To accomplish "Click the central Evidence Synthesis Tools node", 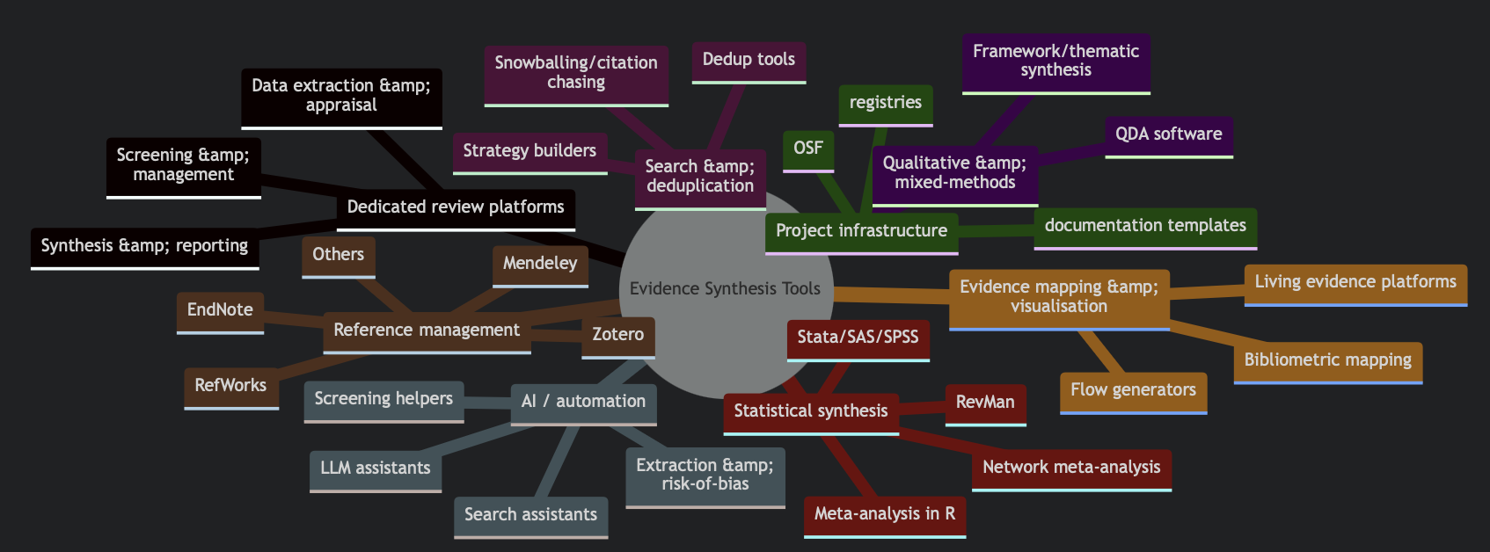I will (724, 289).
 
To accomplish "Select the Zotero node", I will (617, 335).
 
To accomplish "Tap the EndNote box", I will (220, 310).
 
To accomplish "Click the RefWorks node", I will (230, 386).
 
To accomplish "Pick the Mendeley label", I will (539, 264).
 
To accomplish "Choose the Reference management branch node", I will (427, 330).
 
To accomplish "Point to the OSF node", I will (807, 149).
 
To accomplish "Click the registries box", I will (885, 103).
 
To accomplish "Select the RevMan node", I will (984, 403).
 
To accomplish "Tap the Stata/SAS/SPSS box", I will (857, 338).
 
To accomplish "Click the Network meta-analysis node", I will (1070, 468).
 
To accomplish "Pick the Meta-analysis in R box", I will (884, 514).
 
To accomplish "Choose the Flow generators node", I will (1132, 390).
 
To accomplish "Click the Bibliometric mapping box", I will (1326, 360).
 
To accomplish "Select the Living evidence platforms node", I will (1355, 282).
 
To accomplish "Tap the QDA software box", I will (1168, 134).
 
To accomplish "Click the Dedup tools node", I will (748, 60).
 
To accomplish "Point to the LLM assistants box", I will (375, 468).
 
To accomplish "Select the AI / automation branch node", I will (583, 402).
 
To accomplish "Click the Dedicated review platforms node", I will (455, 207).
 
